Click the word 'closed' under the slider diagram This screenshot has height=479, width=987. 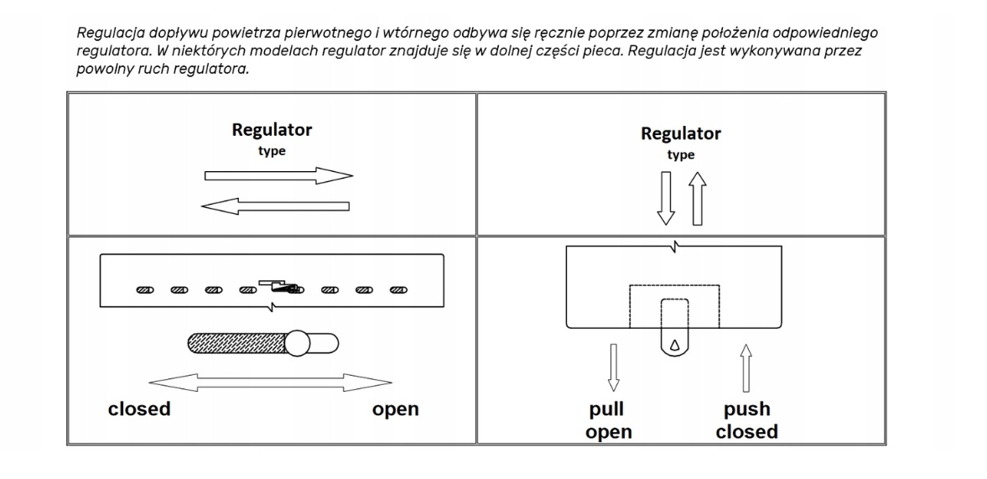(139, 409)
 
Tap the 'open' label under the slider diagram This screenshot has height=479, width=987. (395, 409)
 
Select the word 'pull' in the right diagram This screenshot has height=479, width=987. (606, 409)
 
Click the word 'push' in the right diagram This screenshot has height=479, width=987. (746, 409)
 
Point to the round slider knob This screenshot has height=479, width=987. (297, 343)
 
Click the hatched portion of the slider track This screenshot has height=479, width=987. (238, 343)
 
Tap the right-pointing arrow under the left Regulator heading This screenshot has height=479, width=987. (279, 175)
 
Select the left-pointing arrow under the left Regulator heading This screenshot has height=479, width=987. (275, 206)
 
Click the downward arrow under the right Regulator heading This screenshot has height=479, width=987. (666, 198)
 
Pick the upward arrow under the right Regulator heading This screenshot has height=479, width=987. (698, 198)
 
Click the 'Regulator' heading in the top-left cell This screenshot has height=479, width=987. (272, 130)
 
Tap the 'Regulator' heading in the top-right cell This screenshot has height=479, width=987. (680, 134)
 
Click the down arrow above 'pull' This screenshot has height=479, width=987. (614, 367)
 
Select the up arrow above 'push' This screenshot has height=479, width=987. (746, 368)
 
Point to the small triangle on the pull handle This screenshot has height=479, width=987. (675, 344)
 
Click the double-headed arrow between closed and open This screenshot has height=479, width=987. (271, 383)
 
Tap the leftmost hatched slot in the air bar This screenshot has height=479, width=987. (145, 290)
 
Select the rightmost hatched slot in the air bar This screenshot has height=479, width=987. (398, 290)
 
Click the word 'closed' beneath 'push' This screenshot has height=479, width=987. (746, 432)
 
